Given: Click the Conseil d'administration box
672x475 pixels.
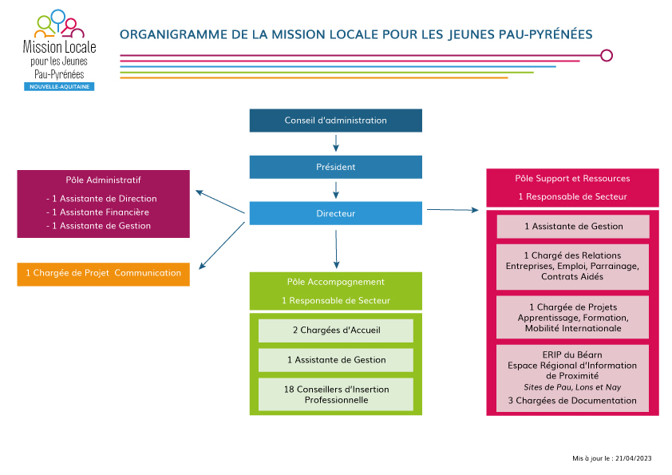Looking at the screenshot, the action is pyautogui.click(x=335, y=121).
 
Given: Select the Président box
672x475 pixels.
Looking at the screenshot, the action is pyautogui.click(x=335, y=167).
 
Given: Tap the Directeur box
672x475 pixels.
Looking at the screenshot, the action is pyautogui.click(x=335, y=213).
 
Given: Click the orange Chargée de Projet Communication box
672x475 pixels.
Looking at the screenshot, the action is pyautogui.click(x=103, y=274).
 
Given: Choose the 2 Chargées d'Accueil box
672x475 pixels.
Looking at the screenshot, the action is pyautogui.click(x=336, y=331).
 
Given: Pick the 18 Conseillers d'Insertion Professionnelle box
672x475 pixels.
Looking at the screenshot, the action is pyautogui.click(x=336, y=394).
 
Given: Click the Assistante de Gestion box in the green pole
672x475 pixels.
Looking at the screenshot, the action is pyautogui.click(x=336, y=360).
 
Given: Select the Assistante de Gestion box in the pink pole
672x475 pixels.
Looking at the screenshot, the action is pyautogui.click(x=573, y=227).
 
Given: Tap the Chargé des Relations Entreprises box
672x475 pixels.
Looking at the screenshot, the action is pyautogui.click(x=572, y=267).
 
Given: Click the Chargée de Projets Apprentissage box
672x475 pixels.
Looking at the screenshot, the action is pyautogui.click(x=572, y=317).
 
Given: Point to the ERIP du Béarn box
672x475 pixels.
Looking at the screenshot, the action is pyautogui.click(x=572, y=378).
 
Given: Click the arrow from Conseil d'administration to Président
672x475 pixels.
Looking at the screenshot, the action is pyautogui.click(x=336, y=143).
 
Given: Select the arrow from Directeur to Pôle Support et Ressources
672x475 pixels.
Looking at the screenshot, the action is pyautogui.click(x=453, y=210).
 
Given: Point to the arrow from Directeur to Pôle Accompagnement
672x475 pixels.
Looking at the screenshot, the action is pyautogui.click(x=336, y=250).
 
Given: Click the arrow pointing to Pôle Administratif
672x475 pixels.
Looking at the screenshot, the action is pyautogui.click(x=219, y=201).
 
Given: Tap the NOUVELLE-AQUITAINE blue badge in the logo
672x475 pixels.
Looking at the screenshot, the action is pyautogui.click(x=59, y=86).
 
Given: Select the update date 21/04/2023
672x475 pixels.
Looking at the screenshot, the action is pyautogui.click(x=633, y=458).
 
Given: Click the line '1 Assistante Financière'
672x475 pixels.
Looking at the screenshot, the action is pyautogui.click(x=97, y=212).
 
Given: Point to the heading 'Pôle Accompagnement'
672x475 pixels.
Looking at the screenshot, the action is pyautogui.click(x=335, y=282).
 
